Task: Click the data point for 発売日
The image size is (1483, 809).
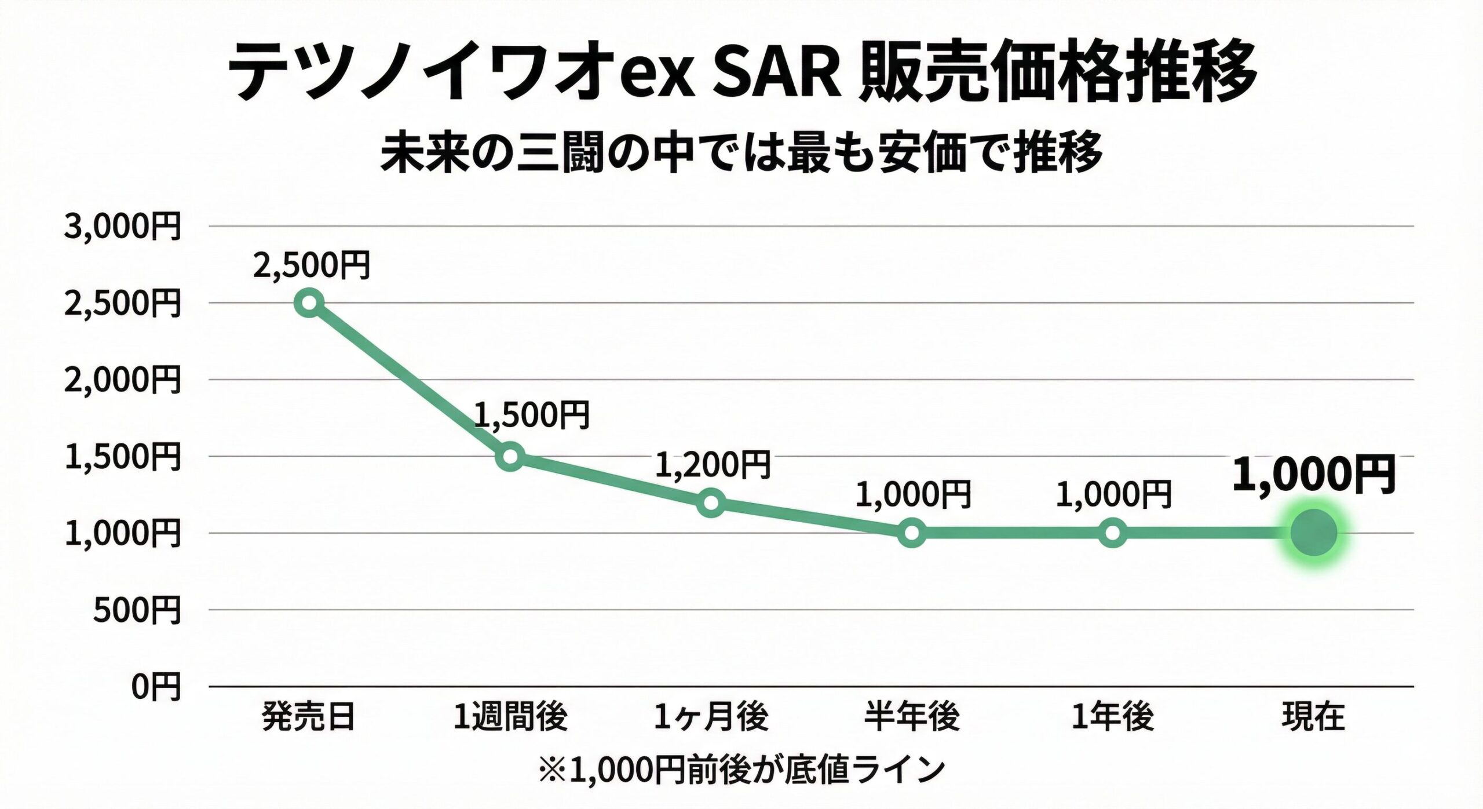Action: [309, 303]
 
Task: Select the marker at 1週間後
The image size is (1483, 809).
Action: [510, 456]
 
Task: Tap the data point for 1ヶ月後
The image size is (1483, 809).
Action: [711, 502]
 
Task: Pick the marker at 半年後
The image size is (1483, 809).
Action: [912, 533]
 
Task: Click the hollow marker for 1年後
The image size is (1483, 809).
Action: [1113, 533]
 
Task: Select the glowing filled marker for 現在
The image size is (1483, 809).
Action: [1313, 533]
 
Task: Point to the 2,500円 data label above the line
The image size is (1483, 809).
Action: [312, 266]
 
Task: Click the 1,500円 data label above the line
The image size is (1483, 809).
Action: [532, 415]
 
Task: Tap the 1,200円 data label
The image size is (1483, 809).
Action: [713, 464]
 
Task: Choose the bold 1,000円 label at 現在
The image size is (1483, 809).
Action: [1313, 475]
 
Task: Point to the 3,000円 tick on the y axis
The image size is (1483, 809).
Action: [123, 226]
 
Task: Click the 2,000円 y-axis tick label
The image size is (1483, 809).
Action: [123, 380]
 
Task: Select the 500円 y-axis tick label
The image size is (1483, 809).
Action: [137, 610]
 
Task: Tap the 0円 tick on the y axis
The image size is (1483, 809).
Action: [156, 687]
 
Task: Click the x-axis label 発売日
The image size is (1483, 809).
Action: [308, 717]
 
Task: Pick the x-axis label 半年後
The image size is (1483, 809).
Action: [912, 717]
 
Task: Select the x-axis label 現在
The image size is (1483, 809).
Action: [1313, 717]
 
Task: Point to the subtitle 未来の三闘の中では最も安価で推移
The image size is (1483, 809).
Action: [741, 152]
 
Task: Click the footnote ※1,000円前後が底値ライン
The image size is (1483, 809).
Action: [741, 770]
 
